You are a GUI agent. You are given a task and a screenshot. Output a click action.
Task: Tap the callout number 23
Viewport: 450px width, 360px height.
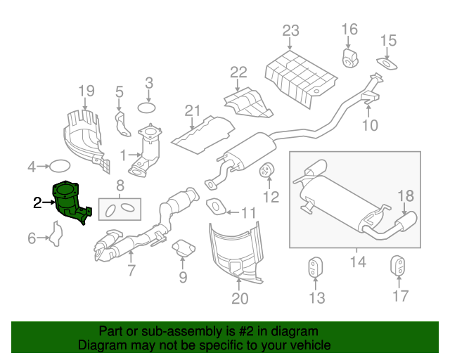pos(290,30)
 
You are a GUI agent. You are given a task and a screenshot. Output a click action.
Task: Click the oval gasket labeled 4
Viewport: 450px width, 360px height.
pos(60,167)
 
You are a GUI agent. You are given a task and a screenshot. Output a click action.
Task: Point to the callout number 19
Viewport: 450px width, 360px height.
pos(86,91)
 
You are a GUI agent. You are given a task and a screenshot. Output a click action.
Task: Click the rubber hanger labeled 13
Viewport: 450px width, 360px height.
pos(316,269)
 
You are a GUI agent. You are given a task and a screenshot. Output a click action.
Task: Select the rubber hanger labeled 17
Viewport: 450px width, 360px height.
pos(399,268)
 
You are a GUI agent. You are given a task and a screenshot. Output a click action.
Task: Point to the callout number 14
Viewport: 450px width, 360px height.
pos(358,262)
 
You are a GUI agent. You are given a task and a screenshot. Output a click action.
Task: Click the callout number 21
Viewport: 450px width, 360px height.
pos(193,110)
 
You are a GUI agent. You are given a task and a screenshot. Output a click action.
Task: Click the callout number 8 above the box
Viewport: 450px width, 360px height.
pos(120,186)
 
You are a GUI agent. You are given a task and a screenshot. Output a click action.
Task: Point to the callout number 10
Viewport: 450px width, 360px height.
pos(370,125)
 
